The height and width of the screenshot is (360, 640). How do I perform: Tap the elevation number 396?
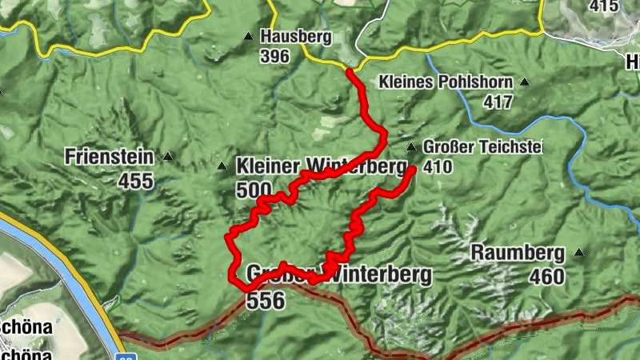tap(274, 56)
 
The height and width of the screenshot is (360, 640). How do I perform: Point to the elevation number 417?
tap(498, 102)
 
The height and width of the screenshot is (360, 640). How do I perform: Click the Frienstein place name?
tap(111, 155)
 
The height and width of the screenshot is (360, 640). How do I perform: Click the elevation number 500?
tap(254, 190)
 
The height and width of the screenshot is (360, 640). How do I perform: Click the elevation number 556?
tap(266, 300)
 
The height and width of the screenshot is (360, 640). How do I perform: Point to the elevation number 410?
tap(439, 167)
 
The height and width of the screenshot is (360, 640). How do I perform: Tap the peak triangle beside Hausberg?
tap(248, 36)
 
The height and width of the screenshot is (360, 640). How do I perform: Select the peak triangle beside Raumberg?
tap(578, 253)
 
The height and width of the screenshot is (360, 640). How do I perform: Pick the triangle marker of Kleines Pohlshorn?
tap(525, 82)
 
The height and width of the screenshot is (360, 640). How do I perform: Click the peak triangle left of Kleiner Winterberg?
tap(222, 166)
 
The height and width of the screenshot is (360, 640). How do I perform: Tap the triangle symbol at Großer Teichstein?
tap(411, 147)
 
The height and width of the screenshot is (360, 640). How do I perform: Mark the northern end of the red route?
tap(350, 72)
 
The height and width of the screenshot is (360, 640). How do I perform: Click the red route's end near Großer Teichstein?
tap(412, 170)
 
